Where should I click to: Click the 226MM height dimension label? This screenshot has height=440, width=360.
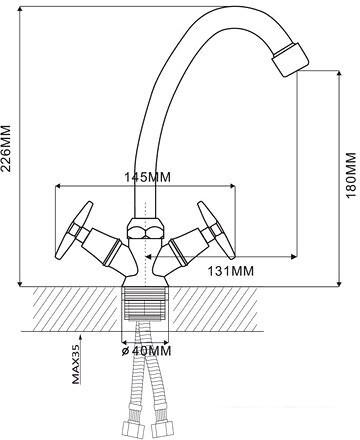pyautogui.click(x=7, y=149)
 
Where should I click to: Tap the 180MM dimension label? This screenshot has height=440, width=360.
pyautogui.click(x=351, y=175)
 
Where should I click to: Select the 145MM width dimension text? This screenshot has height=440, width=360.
pyautogui.click(x=147, y=177)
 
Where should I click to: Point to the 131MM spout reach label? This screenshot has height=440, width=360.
pyautogui.click(x=231, y=271)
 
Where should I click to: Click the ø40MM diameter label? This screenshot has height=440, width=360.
pyautogui.click(x=146, y=351)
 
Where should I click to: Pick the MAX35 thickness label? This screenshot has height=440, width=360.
pyautogui.click(x=76, y=364)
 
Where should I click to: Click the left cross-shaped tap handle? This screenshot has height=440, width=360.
pyautogui.click(x=74, y=229)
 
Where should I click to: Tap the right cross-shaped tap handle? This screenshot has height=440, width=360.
pyautogui.click(x=217, y=229)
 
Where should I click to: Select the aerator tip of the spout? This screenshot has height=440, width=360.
pyautogui.click(x=290, y=60)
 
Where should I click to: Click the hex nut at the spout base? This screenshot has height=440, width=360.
pyautogui.click(x=145, y=228)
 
